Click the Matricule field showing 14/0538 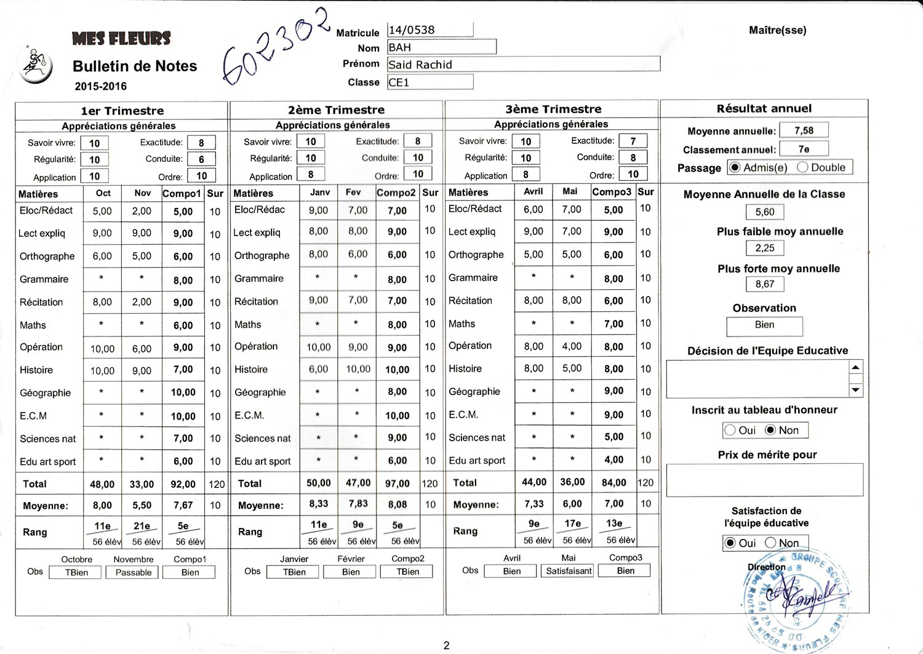pyautogui.click(x=430, y=30)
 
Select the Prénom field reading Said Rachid pyautogui.click(x=523, y=65)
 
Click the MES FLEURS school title pyautogui.click(x=121, y=39)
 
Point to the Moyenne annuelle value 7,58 pyautogui.click(x=804, y=130)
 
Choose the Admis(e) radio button pyautogui.click(x=735, y=167)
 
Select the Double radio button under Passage pyautogui.click(x=802, y=167)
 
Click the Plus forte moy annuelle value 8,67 pyautogui.click(x=765, y=284)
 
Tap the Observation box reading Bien pyautogui.click(x=764, y=325)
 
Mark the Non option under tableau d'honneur pyautogui.click(x=770, y=430)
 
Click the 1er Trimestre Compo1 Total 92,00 pyautogui.click(x=183, y=484)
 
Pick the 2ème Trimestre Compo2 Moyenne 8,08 pyautogui.click(x=397, y=504)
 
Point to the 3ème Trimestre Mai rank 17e pyautogui.click(x=572, y=524)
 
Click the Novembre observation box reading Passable pyautogui.click(x=133, y=572)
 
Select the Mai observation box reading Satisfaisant pyautogui.click(x=569, y=571)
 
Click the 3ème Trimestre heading pyautogui.click(x=553, y=110)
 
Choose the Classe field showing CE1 pyautogui.click(x=430, y=82)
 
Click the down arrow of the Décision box pyautogui.click(x=855, y=389)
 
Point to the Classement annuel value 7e pyautogui.click(x=804, y=149)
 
